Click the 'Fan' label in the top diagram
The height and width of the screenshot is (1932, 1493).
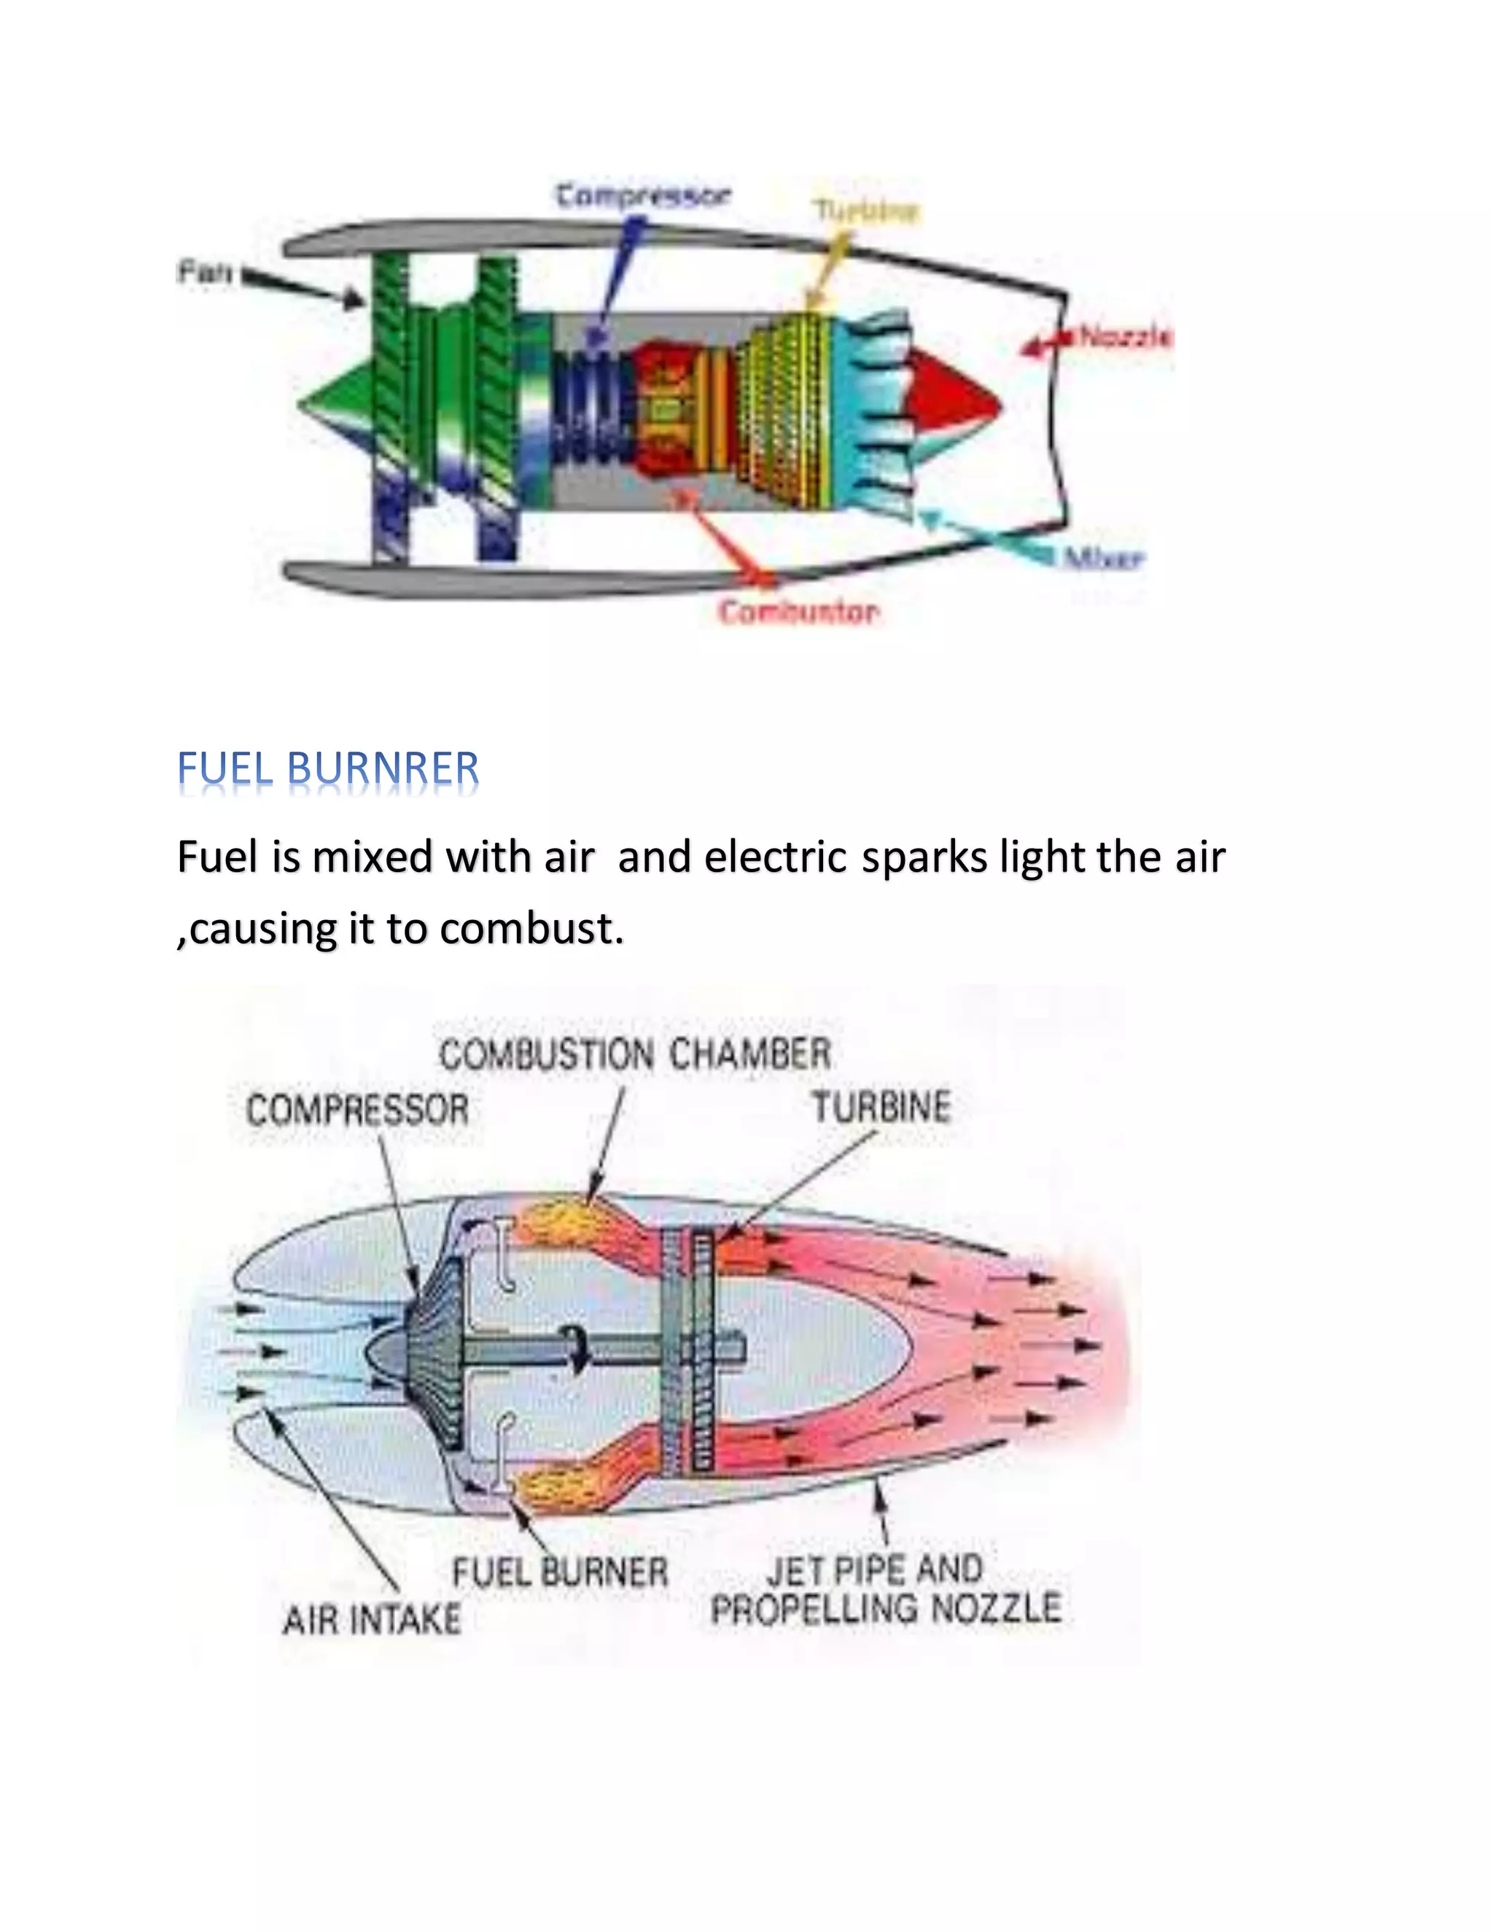point(204,272)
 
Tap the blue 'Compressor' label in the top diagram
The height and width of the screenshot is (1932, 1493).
point(643,195)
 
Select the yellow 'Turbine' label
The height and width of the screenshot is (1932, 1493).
point(866,211)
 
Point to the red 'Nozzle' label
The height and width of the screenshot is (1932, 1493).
point(1125,337)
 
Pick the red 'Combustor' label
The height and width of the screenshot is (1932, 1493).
point(798,612)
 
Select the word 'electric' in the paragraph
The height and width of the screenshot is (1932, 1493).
point(776,857)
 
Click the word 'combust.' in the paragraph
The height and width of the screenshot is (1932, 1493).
point(531,929)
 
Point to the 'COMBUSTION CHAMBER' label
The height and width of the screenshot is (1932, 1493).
point(635,1054)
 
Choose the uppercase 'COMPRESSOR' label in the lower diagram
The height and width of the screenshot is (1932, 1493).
point(357,1110)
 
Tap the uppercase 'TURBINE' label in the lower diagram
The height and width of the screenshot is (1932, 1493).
point(881,1107)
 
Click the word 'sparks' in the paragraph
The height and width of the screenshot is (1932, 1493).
point(924,857)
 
